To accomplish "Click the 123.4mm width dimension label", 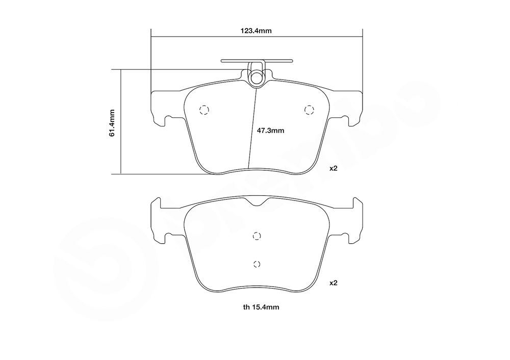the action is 256,31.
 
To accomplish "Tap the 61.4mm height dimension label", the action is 112,123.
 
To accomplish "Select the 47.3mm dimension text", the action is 271,131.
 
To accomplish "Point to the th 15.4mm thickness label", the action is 261,307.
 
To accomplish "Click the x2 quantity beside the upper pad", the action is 334,168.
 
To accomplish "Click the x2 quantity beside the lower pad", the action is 334,283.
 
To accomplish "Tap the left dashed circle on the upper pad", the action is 204,110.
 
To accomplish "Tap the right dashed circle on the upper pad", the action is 309,110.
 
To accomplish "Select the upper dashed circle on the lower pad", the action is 257,236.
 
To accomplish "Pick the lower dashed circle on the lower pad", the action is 257,264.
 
